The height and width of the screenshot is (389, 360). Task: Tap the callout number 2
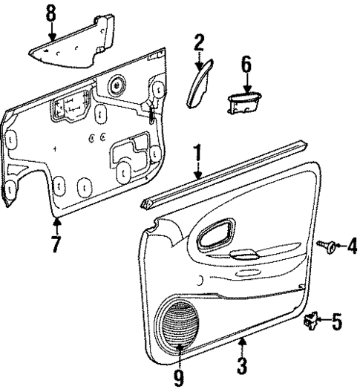(x=199, y=42)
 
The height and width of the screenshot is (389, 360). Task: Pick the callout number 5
(x=336, y=321)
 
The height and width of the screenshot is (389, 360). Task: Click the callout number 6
(x=246, y=65)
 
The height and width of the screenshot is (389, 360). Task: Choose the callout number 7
(x=56, y=244)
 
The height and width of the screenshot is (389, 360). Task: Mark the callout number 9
(x=178, y=376)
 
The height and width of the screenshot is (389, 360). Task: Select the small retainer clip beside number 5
(x=310, y=321)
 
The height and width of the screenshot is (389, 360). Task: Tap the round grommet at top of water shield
(x=116, y=85)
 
